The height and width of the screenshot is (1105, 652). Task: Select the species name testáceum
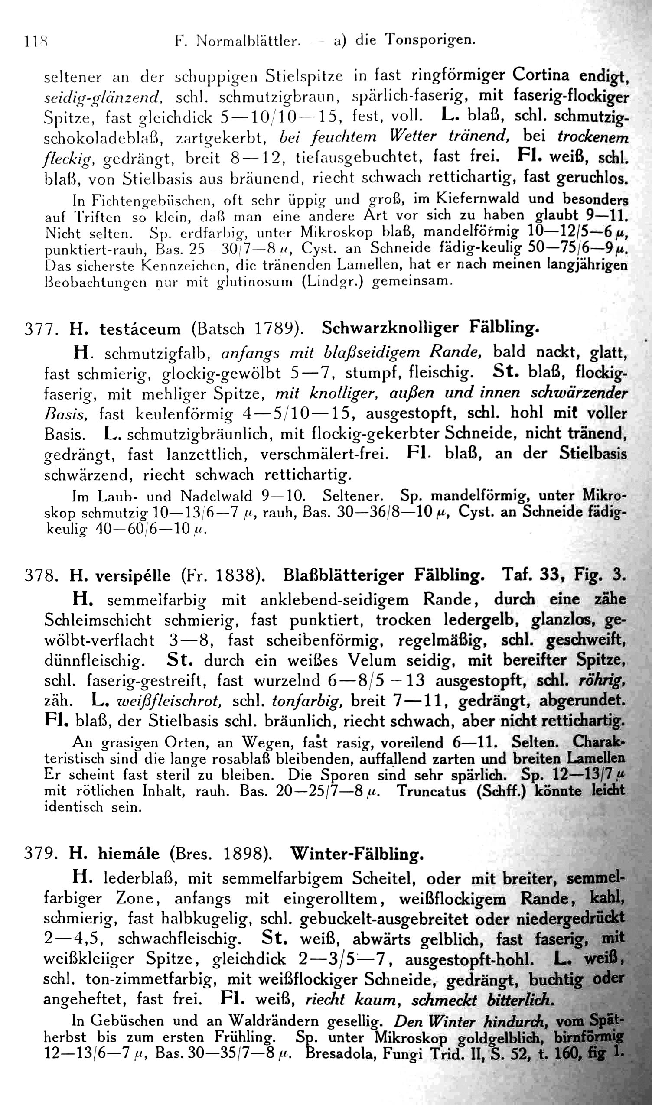pos(140,328)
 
